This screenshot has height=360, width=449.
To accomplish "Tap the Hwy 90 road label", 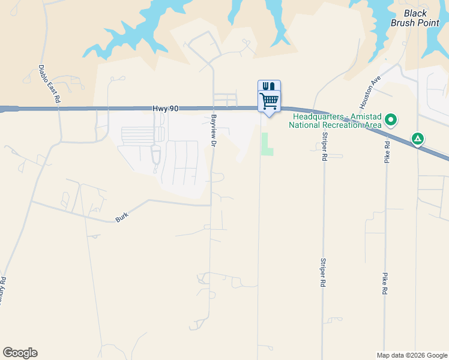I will coord(165,108).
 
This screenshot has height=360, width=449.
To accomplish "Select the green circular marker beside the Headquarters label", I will coord(391,121).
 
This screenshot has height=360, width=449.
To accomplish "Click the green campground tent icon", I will coord(418,139).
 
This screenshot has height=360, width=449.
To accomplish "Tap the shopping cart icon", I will coord(269,100).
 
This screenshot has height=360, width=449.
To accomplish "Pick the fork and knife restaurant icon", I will coord(269,86).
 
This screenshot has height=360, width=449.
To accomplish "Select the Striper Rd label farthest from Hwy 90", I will coord(324,273).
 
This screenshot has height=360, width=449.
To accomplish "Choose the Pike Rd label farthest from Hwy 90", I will coord(384,283).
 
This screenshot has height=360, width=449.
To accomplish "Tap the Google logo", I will coord(20,353).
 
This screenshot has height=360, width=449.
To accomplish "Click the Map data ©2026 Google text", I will coord(411,355).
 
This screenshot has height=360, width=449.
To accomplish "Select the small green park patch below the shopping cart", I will coord(267,145).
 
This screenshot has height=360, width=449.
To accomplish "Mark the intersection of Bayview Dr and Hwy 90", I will coord(213,109).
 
